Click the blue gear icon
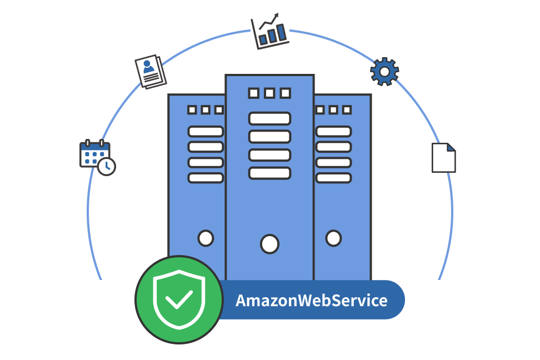pos(384,71)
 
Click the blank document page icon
pos(443,158)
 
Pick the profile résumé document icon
pos(151,71)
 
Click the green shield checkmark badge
pos(179,299)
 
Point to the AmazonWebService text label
pos(311,301)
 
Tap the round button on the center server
pos(269,243)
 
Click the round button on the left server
pos(206,238)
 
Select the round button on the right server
pos(333,238)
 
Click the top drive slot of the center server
pos(269,118)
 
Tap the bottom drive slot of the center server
pos(269,173)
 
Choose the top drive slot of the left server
pos(206,132)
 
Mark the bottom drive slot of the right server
pos(333,178)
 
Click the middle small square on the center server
pos(269,93)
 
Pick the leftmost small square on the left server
pos(192,110)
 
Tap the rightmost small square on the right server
pos(347,110)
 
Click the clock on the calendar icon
pos(107,166)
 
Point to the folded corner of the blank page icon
pos(451,147)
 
